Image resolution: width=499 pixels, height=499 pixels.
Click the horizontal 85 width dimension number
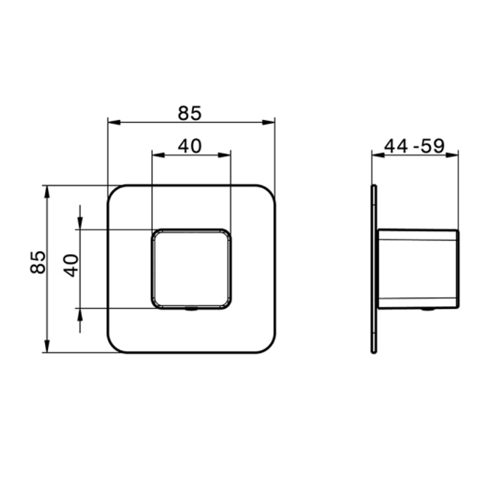(x=190, y=112)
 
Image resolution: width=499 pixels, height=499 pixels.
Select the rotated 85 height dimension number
(x=38, y=262)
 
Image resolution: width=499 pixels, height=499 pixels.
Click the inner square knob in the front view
(x=191, y=269)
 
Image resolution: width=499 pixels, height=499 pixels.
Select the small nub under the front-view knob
(x=191, y=310)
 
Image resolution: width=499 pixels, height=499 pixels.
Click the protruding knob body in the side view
(x=417, y=269)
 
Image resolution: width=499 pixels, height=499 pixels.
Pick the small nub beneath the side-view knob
(x=426, y=309)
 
